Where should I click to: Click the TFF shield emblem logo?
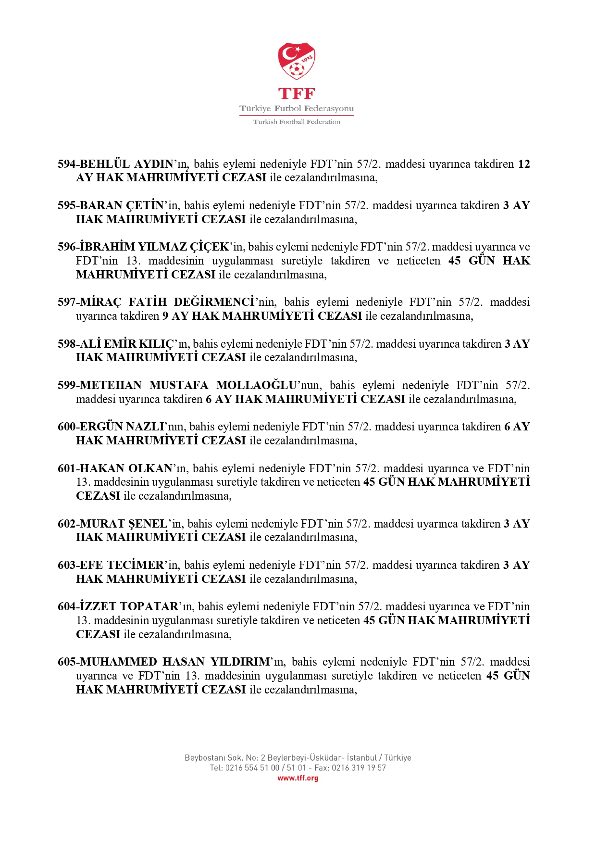[297, 61]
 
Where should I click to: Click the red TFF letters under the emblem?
[297, 93]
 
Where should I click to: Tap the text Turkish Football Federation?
[297, 122]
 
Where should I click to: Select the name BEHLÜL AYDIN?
[126, 164]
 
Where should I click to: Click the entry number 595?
[66, 205]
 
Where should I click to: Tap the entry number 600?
[66, 427]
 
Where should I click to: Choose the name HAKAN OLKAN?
[126, 468]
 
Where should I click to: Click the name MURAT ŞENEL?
[124, 524]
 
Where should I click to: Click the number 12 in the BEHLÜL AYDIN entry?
[523, 164]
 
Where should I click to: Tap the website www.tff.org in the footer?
[298, 778]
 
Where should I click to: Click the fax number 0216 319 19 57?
[359, 768]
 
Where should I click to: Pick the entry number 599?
[66, 385]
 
